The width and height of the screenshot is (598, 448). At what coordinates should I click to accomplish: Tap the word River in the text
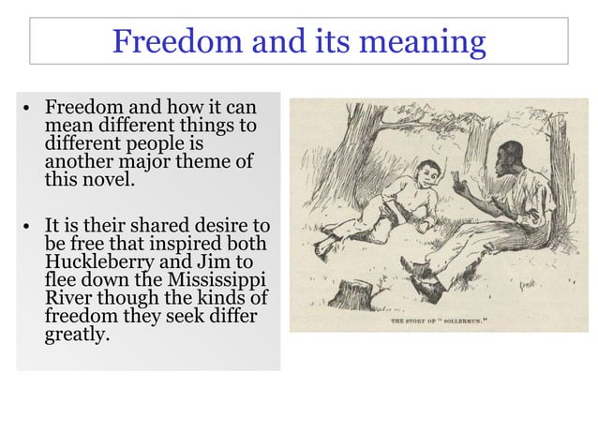click(x=68, y=295)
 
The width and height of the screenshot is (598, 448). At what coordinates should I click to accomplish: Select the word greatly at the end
click(x=77, y=331)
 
